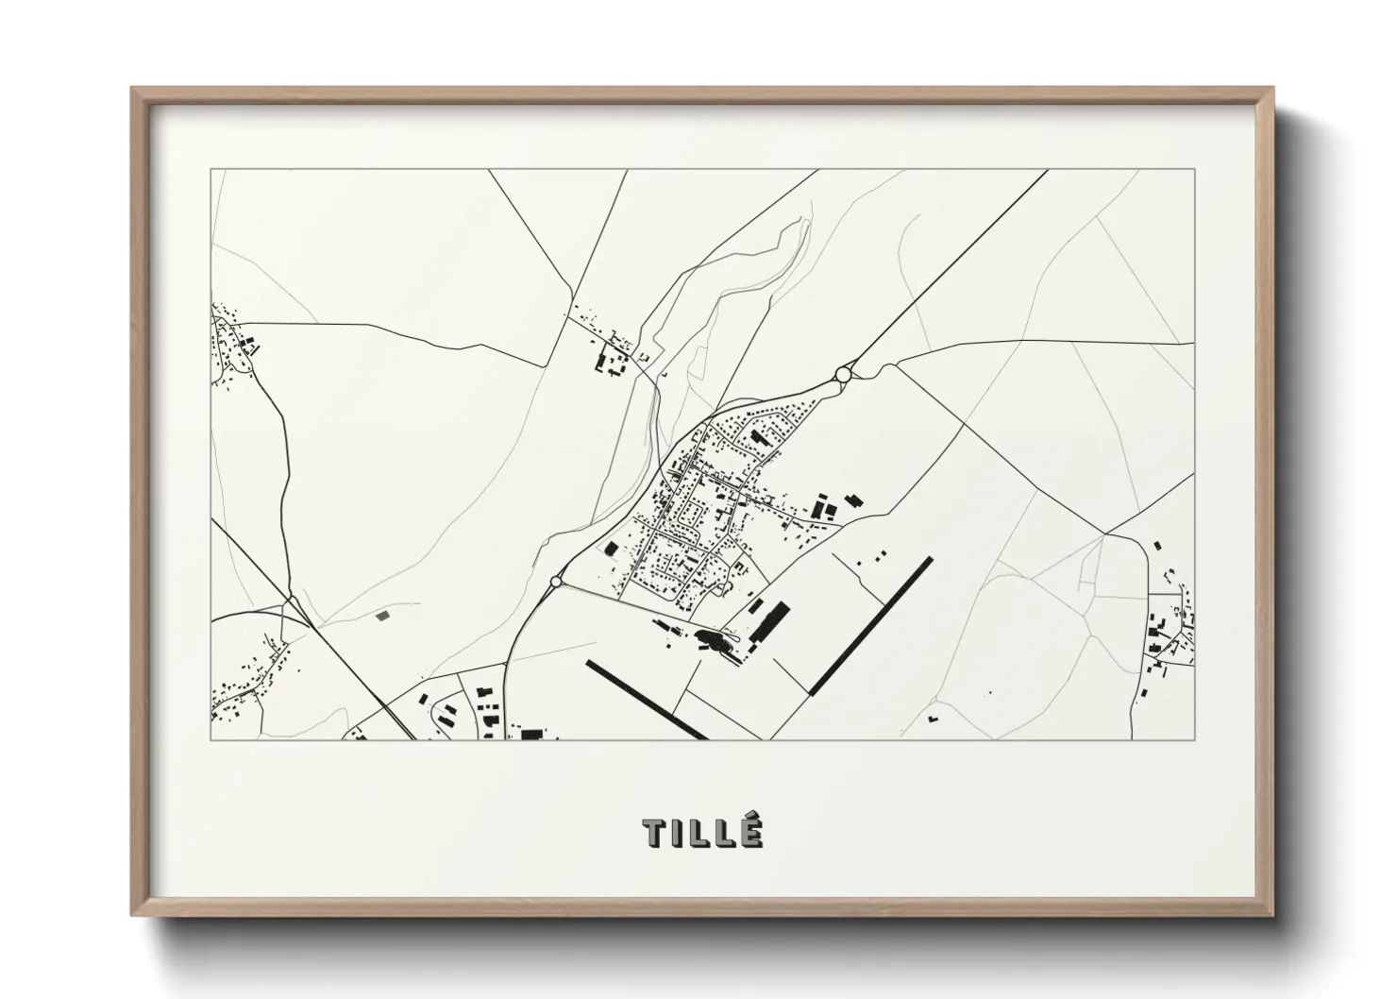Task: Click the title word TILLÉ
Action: coord(702,833)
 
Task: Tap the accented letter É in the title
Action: coord(750,832)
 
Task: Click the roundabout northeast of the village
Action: coord(843,375)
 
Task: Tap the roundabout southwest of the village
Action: coord(555,582)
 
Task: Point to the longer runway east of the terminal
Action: coord(871,626)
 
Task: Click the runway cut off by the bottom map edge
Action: coord(646,700)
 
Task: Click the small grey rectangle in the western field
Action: coord(381,616)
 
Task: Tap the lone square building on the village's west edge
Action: coord(611,549)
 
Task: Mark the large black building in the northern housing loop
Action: coord(757,438)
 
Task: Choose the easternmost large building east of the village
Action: coord(854,500)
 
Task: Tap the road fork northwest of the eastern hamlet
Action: coord(1104,534)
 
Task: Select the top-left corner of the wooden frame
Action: coord(132,89)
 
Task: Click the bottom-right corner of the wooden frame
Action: coord(1272,916)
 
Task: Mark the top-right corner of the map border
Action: coord(1194,170)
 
